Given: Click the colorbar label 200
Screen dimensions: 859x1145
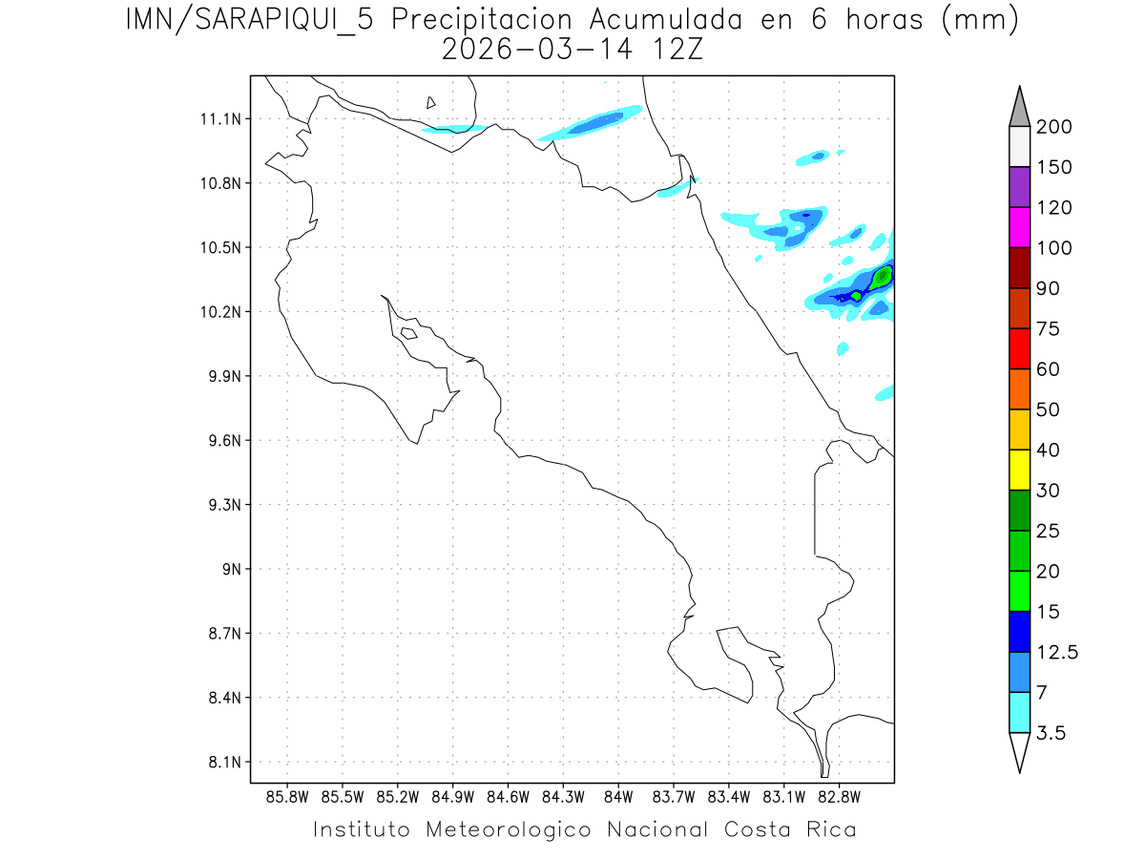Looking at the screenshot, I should point(1053,127).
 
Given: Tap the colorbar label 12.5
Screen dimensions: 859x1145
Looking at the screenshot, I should point(1058,653).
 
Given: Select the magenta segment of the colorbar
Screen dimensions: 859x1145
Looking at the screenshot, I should point(1019,227).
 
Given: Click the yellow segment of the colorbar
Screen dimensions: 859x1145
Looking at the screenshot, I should point(1019,470).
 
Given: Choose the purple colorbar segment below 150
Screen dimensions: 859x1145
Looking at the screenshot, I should point(1019,187).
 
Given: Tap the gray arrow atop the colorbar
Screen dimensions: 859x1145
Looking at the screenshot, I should point(1019,107).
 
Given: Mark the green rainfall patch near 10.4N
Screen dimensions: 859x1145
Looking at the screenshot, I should point(882,277).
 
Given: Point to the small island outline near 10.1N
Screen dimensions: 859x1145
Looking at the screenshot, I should point(408,333).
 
